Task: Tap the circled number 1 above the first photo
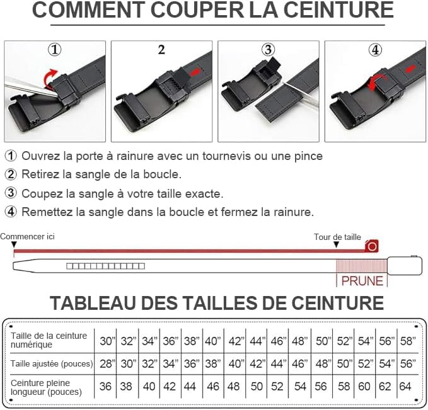(x=55, y=50)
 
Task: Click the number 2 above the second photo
(x=161, y=50)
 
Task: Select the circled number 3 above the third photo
(x=269, y=50)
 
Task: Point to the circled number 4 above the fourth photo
(x=376, y=50)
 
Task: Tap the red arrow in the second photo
(x=195, y=73)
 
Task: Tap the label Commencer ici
(x=28, y=237)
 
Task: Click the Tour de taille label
(x=338, y=237)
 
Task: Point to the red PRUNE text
(x=362, y=280)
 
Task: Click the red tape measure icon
(x=372, y=246)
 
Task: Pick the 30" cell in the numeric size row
(x=107, y=341)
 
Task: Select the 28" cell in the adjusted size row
(x=107, y=363)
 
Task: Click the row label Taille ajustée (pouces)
(x=52, y=363)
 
